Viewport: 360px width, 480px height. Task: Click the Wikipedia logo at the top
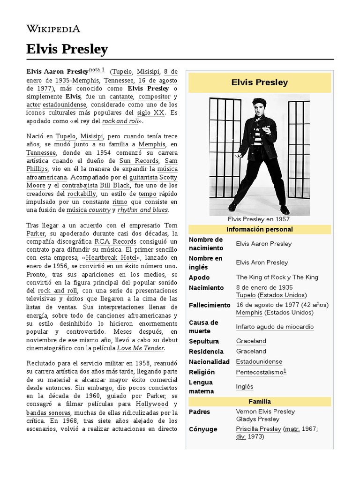point(53,29)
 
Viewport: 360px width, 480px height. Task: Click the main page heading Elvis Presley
point(67,49)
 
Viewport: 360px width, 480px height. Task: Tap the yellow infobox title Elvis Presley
point(259,82)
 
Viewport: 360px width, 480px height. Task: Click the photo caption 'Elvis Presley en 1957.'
point(259,219)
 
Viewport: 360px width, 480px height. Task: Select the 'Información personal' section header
point(259,229)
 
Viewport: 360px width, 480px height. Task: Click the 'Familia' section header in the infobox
point(259,401)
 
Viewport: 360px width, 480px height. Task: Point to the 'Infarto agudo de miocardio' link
point(275,327)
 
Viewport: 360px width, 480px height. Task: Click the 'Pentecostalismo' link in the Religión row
point(260,372)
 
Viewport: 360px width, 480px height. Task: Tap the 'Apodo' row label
point(199,277)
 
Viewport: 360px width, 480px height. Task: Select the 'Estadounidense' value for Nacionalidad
point(259,361)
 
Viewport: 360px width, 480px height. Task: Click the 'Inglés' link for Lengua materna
point(244,387)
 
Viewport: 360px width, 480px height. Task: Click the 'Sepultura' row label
point(203,341)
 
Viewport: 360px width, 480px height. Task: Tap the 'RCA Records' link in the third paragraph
point(115,241)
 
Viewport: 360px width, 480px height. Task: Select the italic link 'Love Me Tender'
point(140,348)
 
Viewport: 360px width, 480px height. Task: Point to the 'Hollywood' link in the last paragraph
point(152,404)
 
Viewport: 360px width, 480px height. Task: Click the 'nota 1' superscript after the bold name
point(97,70)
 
